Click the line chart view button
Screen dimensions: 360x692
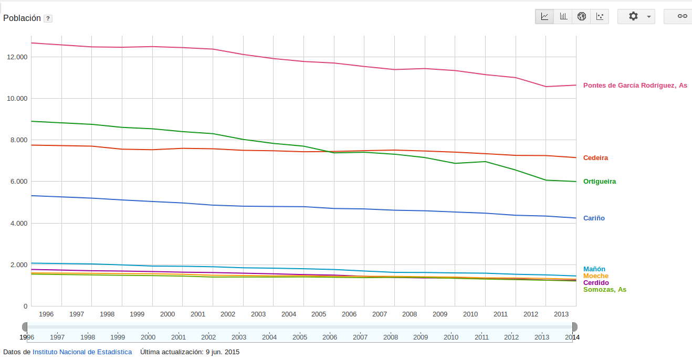point(544,16)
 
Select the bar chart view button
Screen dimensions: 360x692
point(563,16)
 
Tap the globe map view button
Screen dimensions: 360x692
point(581,16)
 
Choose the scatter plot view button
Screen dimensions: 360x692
point(600,16)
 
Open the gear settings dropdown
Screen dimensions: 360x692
point(636,16)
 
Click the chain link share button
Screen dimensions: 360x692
point(681,16)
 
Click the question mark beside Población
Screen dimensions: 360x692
point(48,18)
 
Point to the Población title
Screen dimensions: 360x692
point(22,18)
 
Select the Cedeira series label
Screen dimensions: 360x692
point(595,158)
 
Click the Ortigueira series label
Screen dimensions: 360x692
point(600,182)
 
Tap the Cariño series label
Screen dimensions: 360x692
point(594,218)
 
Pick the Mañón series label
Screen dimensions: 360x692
point(594,269)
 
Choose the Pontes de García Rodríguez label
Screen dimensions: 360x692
point(635,86)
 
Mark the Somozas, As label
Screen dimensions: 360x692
point(605,290)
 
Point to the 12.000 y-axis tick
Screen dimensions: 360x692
point(17,57)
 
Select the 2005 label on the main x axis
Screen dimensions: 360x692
point(319,314)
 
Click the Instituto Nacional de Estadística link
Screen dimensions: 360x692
point(82,352)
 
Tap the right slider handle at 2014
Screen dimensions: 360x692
point(575,327)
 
